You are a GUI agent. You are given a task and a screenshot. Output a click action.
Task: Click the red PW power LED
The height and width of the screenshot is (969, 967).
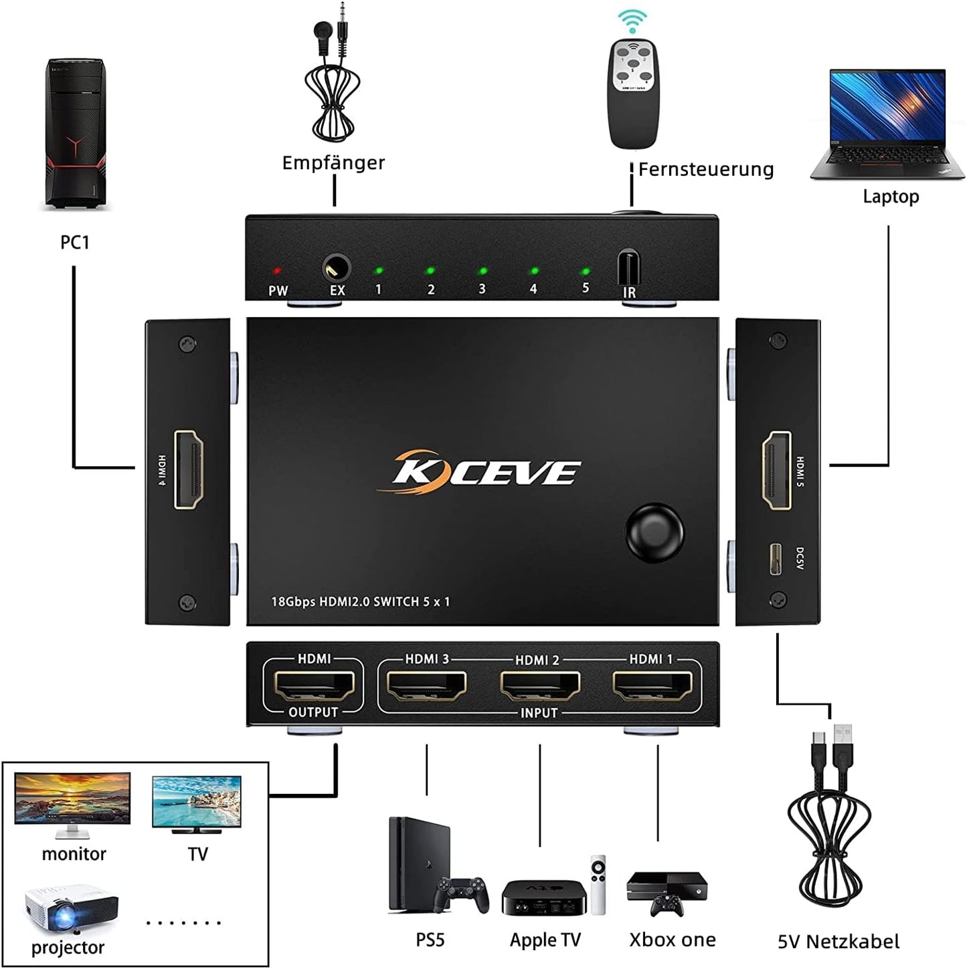276,271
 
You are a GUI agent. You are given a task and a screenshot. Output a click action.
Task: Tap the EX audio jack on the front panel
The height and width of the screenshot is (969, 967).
336,268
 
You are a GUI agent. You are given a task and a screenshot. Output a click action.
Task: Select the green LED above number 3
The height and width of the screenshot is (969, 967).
482,272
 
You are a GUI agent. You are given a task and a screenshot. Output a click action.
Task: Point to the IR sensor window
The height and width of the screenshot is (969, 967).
628,268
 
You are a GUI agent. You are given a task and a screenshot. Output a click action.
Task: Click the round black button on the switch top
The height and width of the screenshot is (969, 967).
654,533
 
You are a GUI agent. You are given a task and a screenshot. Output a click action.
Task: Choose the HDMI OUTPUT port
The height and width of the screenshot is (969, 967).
313,685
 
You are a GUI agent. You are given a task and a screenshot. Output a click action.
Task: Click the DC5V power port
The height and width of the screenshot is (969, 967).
776,559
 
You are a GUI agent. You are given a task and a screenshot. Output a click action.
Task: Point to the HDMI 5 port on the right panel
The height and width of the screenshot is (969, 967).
777,469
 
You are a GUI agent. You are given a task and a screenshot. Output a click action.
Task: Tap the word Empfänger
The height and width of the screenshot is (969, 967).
333,163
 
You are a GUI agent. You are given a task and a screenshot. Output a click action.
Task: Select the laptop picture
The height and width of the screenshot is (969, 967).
887,124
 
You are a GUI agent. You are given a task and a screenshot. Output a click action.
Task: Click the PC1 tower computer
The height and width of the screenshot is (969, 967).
75,134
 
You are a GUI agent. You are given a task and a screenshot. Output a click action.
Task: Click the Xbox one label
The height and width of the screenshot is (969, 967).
673,940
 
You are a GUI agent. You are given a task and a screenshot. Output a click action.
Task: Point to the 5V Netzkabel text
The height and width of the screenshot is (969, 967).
839,942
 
